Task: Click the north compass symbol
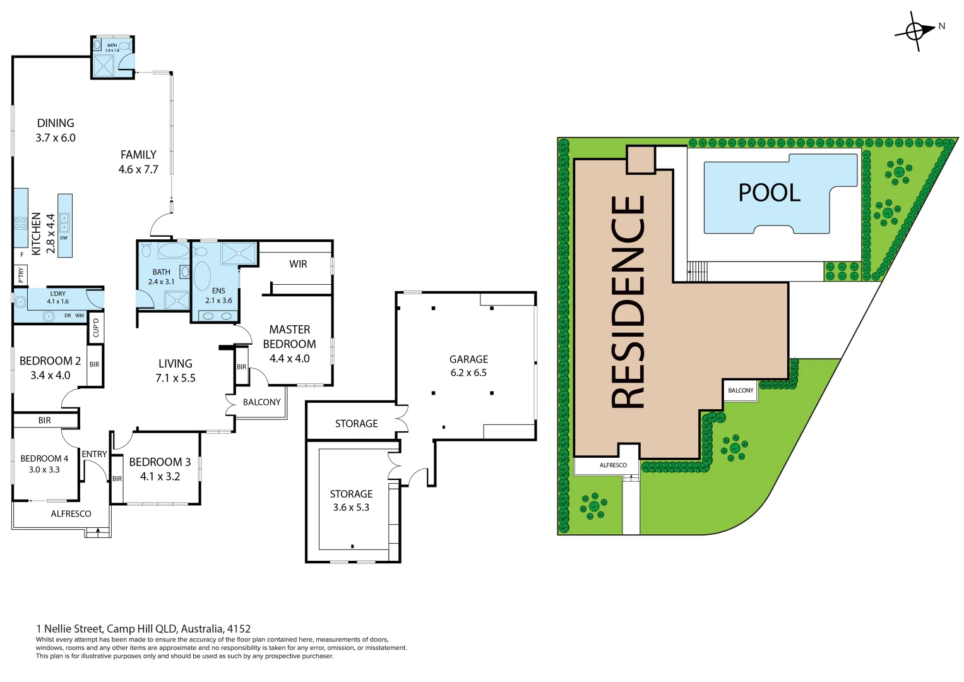[915, 30]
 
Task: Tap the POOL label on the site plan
[769, 193]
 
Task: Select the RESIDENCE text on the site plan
[628, 302]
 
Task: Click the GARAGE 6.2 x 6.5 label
[468, 366]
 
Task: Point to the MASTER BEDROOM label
[289, 344]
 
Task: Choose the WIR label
[298, 264]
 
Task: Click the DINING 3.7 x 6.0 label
[56, 130]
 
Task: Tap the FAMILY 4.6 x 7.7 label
[138, 162]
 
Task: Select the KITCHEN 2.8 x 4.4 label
[43, 234]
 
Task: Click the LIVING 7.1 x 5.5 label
[176, 371]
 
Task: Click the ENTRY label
[94, 454]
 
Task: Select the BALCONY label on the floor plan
[261, 402]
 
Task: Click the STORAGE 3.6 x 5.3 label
[351, 500]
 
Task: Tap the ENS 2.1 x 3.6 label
[218, 296]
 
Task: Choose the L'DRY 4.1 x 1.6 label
[57, 297]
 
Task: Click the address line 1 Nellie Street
[143, 628]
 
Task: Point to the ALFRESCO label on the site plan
[613, 465]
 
